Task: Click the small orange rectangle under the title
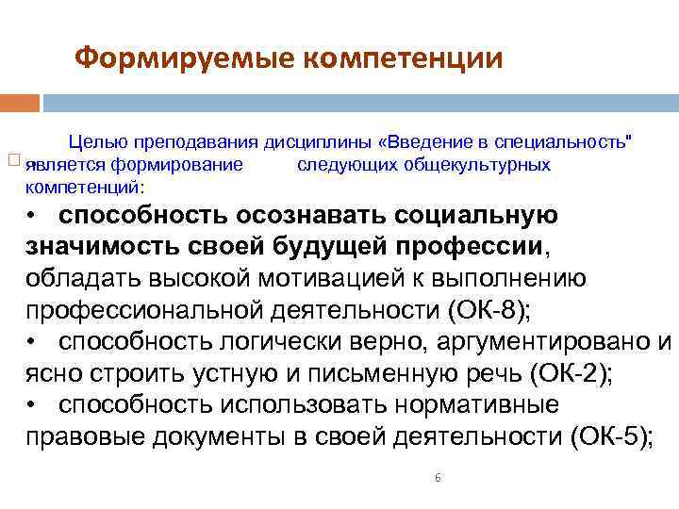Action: pyautogui.click(x=20, y=102)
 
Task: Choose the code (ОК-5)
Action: pyautogui.click(x=612, y=436)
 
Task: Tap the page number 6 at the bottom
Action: pyautogui.click(x=438, y=478)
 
